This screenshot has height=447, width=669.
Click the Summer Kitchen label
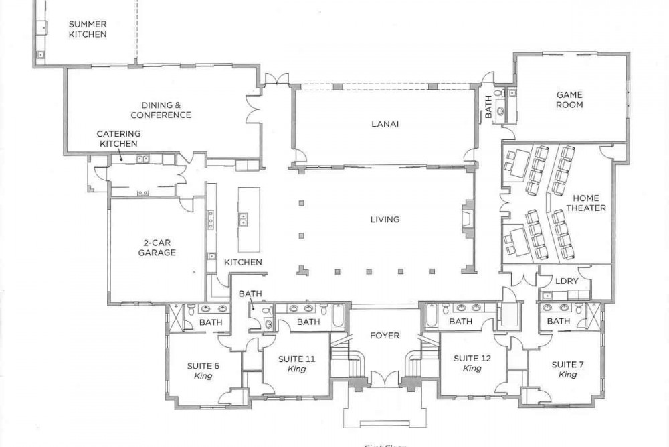pyautogui.click(x=88, y=29)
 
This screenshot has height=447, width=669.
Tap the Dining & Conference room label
pyautogui.click(x=161, y=110)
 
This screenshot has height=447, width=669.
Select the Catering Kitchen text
pyautogui.click(x=118, y=139)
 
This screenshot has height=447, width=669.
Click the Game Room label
pyautogui.click(x=569, y=100)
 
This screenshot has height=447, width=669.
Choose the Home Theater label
pyautogui.click(x=586, y=203)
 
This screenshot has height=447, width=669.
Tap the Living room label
pyautogui.click(x=385, y=219)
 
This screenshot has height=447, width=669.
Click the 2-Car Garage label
pyautogui.click(x=157, y=248)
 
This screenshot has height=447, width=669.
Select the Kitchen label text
pyautogui.click(x=243, y=262)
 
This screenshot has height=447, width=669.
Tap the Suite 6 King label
pyautogui.click(x=203, y=371)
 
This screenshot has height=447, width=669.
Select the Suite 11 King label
pyautogui.click(x=296, y=364)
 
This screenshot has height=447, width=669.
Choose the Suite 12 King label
pyautogui.click(x=472, y=363)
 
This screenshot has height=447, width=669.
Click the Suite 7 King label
pyautogui.click(x=567, y=369)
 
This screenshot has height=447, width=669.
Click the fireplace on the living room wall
pyautogui.click(x=466, y=218)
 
